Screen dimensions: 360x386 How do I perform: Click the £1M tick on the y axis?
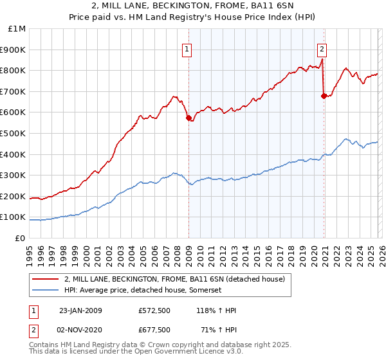[17, 29]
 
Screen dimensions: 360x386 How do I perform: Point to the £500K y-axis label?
[14, 134]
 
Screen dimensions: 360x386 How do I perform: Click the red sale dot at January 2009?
[188, 118]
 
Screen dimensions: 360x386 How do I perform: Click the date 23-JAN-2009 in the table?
[80, 310]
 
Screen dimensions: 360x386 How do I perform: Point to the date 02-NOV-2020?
[80, 330]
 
